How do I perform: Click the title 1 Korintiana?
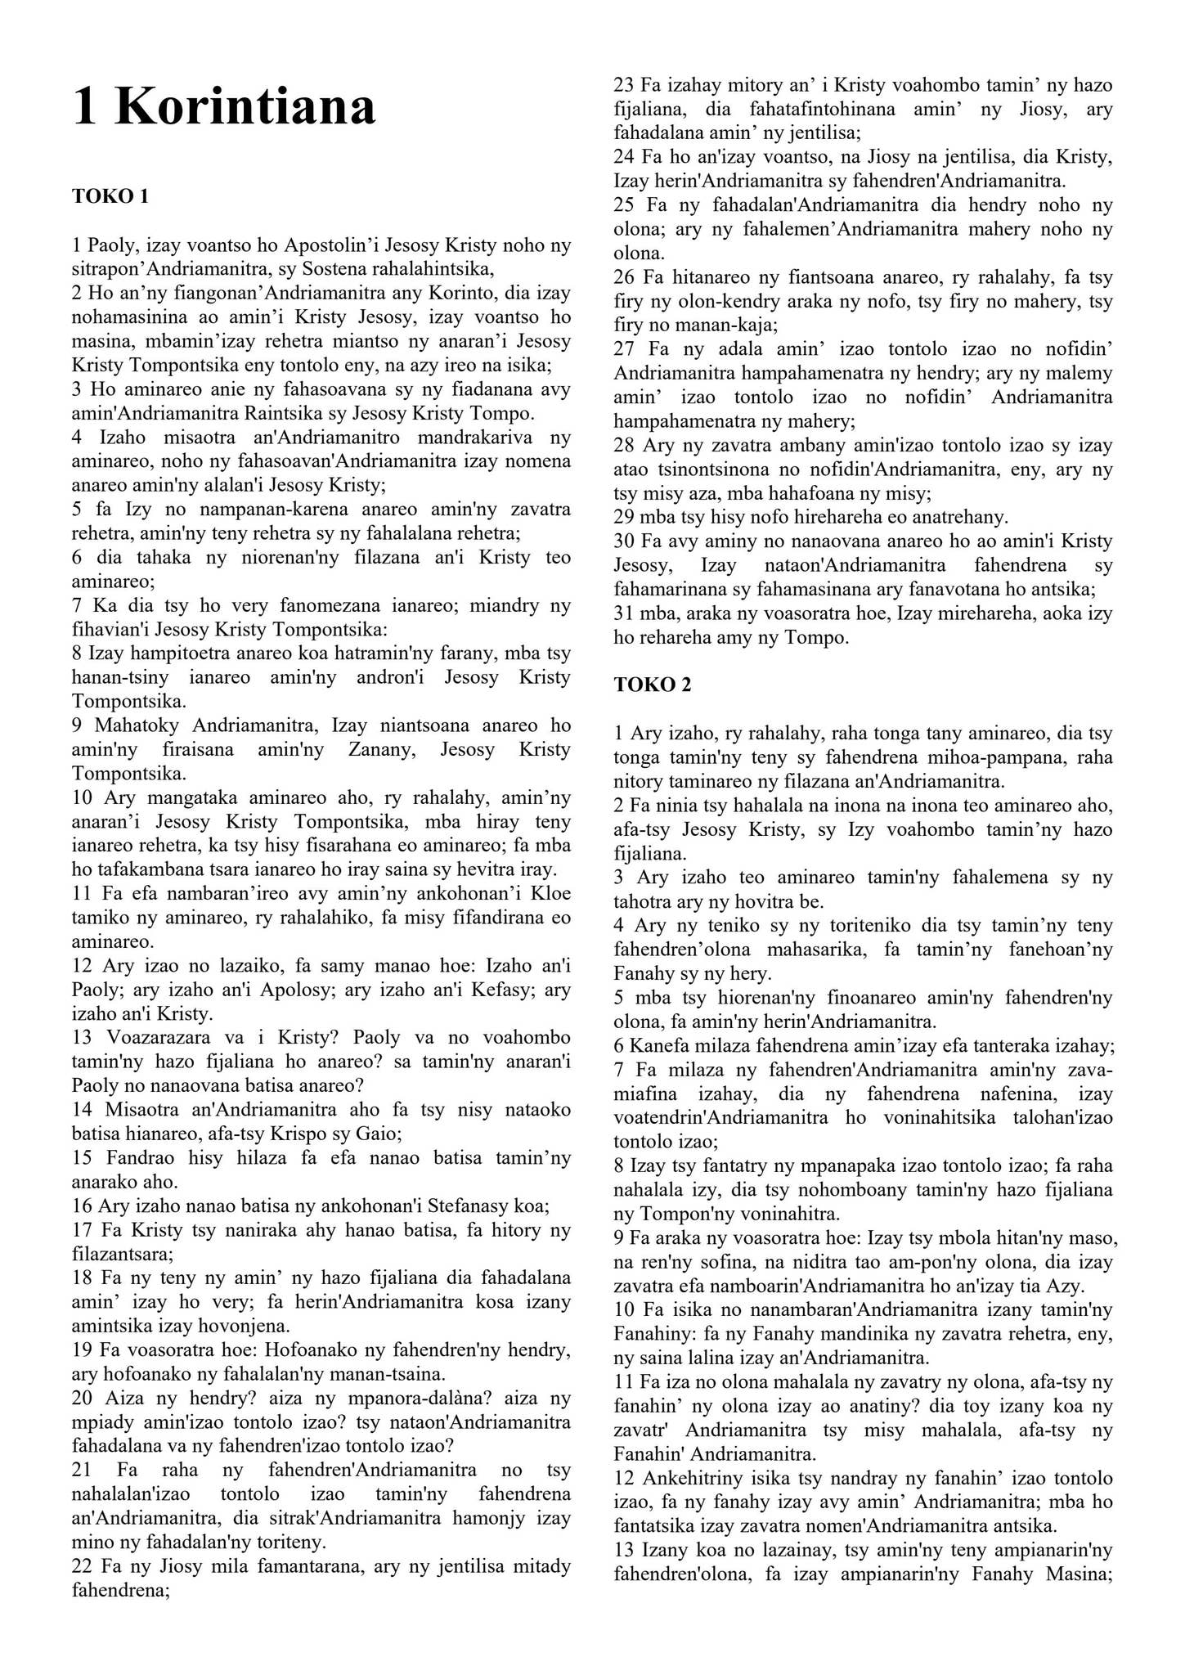tap(223, 106)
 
